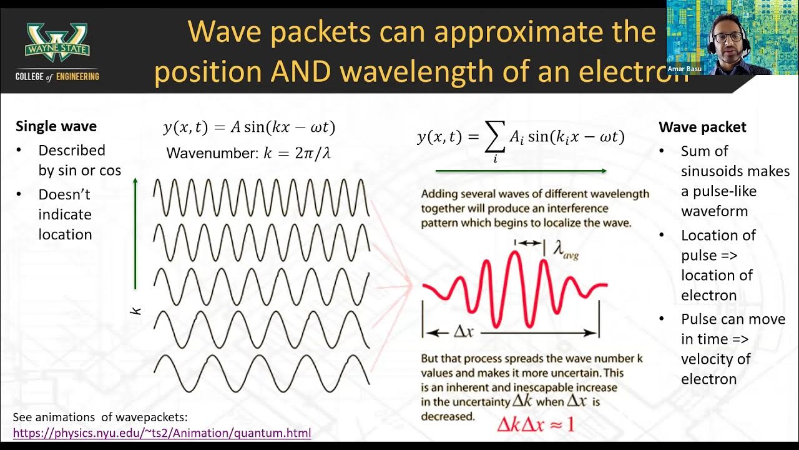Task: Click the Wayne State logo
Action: (x=57, y=42)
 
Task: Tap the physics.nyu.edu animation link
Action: (x=162, y=432)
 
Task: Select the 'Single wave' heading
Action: (x=56, y=126)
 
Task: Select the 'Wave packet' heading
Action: (x=702, y=127)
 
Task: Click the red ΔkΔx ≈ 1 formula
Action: (x=535, y=425)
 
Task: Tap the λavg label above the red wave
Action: (x=566, y=250)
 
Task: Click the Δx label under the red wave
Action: (x=463, y=332)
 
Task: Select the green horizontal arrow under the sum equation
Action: (x=521, y=171)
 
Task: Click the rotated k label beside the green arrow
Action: (x=137, y=309)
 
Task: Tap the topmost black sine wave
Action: (x=261, y=197)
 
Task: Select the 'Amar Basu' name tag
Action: (x=685, y=69)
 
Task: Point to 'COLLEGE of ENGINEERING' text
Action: (x=57, y=76)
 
